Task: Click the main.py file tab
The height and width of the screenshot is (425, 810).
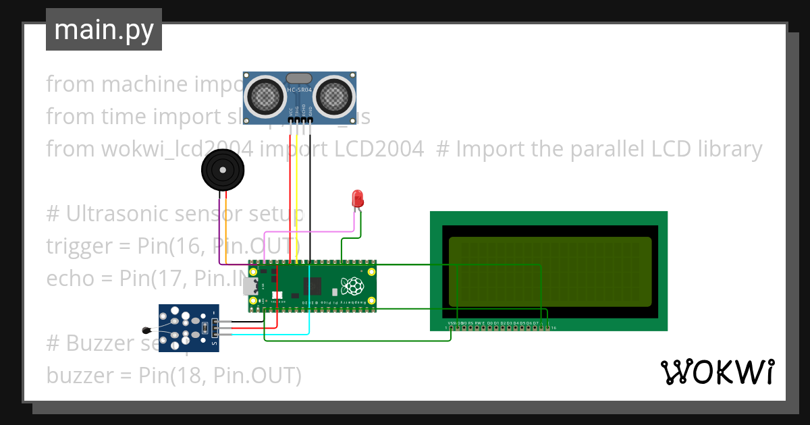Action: (x=103, y=30)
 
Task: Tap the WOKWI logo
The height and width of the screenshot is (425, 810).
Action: (x=717, y=372)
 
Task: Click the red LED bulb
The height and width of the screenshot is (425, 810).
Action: (x=358, y=198)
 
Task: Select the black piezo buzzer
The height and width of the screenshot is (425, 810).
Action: (x=221, y=171)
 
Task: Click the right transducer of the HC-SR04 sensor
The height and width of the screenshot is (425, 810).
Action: (x=333, y=96)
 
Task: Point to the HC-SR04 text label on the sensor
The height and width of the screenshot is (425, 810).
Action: (x=299, y=90)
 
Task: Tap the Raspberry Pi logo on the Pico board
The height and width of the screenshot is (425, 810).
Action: (x=352, y=287)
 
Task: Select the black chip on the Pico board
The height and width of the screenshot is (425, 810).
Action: (x=313, y=286)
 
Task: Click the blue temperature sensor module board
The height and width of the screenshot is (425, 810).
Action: (x=189, y=327)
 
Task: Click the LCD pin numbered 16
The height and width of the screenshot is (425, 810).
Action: (x=553, y=329)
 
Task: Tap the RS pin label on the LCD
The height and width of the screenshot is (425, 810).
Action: (x=470, y=324)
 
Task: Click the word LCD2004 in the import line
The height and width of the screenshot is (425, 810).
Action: (x=391, y=148)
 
